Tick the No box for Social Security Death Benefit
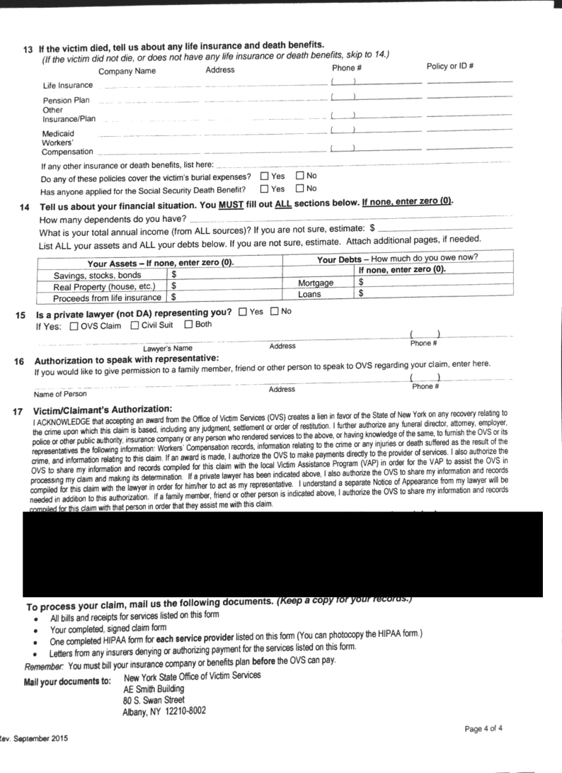[300, 188]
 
